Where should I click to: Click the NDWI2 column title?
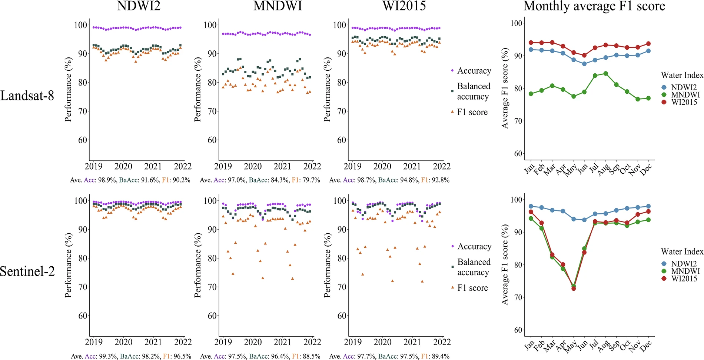pos(139,6)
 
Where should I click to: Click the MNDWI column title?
pos(278,6)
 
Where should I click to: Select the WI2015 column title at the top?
pos(404,6)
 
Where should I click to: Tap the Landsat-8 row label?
pos(27,96)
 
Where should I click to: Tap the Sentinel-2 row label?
pos(27,271)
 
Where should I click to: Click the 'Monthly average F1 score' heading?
pos(594,6)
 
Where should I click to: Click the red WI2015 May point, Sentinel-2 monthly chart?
pos(574,288)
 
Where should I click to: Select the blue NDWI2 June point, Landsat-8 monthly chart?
pos(584,64)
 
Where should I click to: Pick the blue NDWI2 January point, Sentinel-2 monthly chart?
pos(531,206)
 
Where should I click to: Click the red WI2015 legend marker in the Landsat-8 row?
pos(664,102)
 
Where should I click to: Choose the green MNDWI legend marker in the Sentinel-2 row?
pos(664,271)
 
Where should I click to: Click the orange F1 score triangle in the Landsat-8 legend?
pos(452,111)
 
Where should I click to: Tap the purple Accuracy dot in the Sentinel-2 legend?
pos(452,246)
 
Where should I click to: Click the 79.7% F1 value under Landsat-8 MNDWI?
pos(310,180)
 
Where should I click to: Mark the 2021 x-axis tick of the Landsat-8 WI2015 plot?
pos(412,166)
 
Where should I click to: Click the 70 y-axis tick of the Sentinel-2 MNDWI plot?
pos(212,287)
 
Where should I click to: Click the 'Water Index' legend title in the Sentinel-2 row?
pos(682,251)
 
